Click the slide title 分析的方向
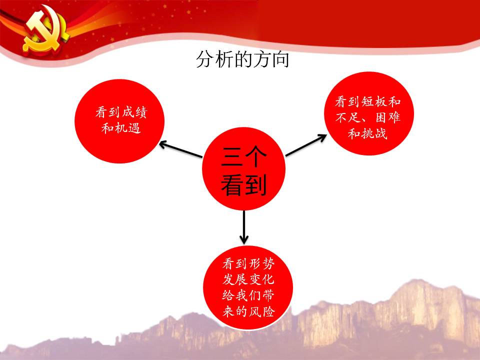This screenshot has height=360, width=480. [242, 59]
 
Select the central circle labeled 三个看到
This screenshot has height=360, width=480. [243, 168]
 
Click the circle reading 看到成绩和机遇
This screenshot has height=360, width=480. [119, 121]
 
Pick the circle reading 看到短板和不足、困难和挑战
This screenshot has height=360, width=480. [369, 113]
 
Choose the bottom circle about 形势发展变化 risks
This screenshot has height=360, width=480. [248, 288]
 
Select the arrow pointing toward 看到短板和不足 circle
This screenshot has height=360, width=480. [306, 145]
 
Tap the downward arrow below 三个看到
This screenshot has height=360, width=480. [244, 227]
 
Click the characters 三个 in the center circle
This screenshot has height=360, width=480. [244, 156]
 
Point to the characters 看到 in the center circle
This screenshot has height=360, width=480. [244, 184]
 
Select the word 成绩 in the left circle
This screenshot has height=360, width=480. [134, 112]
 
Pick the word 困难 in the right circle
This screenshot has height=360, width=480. [388, 117]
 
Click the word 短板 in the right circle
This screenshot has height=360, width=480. [374, 101]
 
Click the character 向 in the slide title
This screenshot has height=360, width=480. [280, 59]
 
